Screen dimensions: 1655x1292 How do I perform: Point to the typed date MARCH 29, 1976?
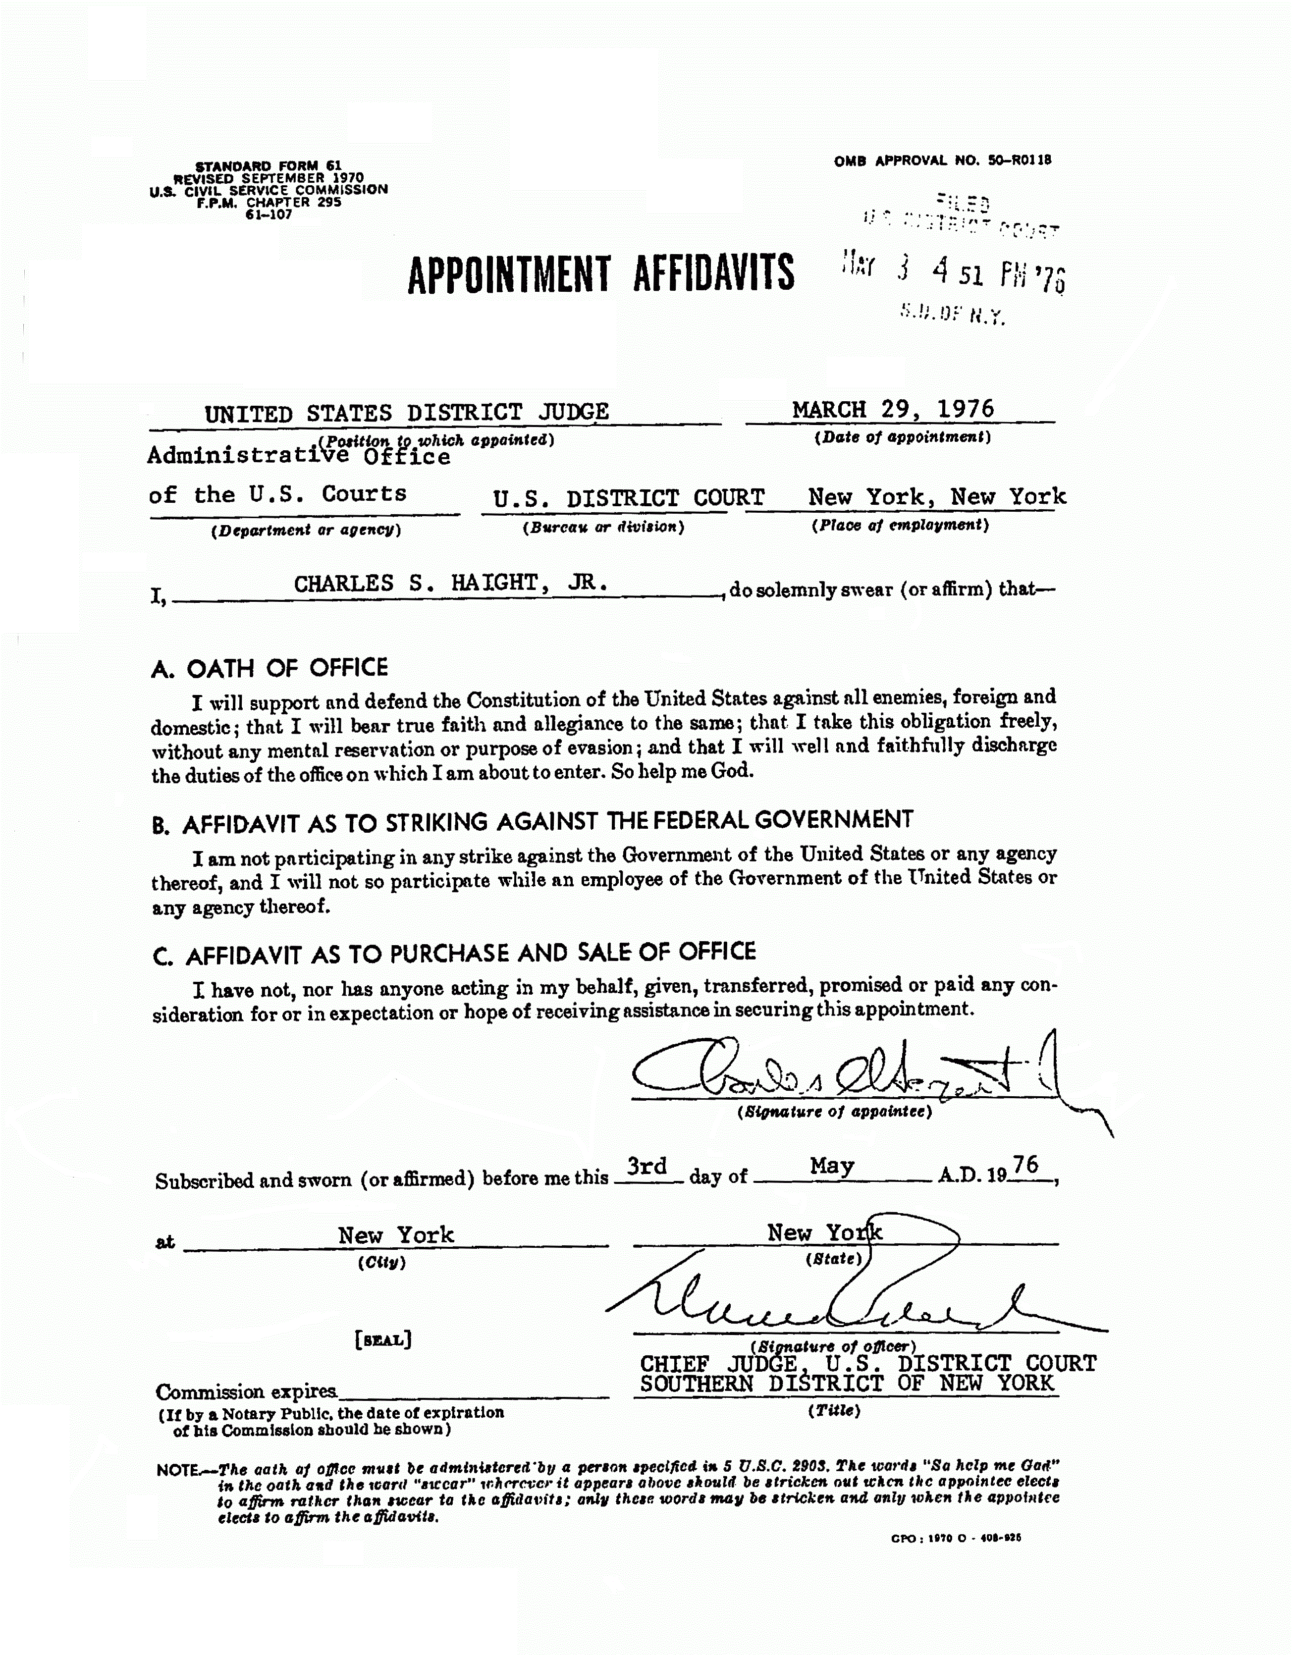coord(893,410)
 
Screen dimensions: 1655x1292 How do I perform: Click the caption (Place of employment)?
coord(900,525)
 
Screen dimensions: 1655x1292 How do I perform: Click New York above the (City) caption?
coord(395,1235)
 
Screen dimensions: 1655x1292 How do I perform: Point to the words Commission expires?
coord(246,1392)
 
